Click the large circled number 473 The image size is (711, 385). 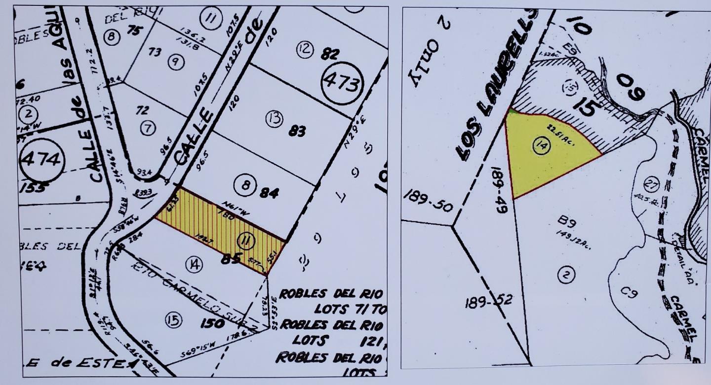(342, 83)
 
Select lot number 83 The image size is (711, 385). (298, 132)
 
